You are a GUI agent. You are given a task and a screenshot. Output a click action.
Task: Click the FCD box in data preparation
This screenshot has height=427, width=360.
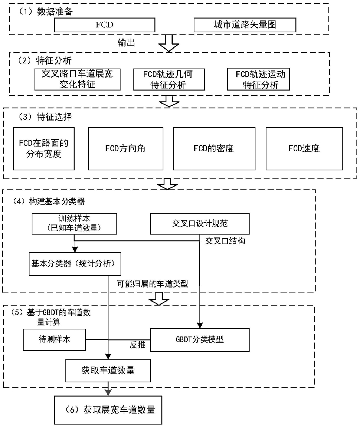click(x=105, y=25)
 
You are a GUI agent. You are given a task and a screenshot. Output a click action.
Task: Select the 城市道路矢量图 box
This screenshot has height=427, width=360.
click(x=245, y=25)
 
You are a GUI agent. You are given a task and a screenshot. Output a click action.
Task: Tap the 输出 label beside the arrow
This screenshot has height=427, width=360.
click(x=126, y=43)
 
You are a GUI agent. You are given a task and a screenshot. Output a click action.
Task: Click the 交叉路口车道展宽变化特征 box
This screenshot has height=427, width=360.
click(x=78, y=79)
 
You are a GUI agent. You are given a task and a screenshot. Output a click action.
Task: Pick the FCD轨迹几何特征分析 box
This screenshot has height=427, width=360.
click(x=169, y=79)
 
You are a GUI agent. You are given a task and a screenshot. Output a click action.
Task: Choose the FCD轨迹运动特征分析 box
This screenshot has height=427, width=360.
click(x=258, y=79)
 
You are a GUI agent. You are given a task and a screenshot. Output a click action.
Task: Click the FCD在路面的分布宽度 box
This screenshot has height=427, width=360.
click(x=44, y=149)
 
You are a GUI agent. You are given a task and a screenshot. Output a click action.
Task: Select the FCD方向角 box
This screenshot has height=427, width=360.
click(x=126, y=149)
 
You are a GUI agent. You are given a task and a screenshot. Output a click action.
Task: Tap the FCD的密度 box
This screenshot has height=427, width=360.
click(x=214, y=149)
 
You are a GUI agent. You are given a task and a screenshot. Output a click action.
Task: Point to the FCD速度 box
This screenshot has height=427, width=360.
click(x=304, y=149)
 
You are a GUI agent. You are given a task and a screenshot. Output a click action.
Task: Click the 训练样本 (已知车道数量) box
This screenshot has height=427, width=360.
click(x=74, y=224)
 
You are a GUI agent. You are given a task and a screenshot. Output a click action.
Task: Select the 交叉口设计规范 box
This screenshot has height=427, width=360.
click(x=200, y=224)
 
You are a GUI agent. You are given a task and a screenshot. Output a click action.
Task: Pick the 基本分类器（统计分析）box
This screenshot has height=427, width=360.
click(x=75, y=264)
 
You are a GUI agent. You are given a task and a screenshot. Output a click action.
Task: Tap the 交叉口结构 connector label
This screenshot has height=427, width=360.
click(x=225, y=241)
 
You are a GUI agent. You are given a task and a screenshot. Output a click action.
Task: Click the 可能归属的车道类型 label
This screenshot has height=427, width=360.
click(x=153, y=284)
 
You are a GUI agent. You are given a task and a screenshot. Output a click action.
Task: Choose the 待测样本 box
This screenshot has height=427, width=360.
click(x=55, y=339)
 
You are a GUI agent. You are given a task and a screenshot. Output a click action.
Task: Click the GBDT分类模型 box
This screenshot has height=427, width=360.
click(x=200, y=340)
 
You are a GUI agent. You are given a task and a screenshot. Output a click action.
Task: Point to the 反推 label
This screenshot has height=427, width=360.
click(x=138, y=345)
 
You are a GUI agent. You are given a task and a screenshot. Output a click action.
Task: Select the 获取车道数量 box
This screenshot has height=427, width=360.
click(x=108, y=371)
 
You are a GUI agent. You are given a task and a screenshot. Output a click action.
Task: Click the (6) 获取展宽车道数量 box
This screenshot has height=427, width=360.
click(x=108, y=410)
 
